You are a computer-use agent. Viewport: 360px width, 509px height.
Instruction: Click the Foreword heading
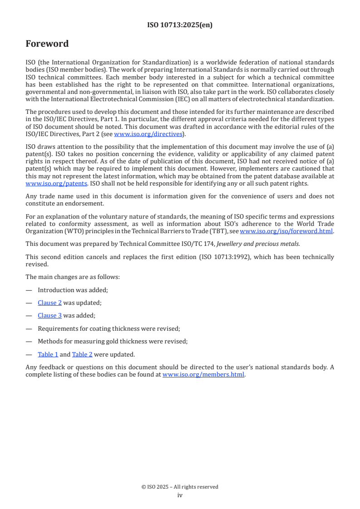click(x=47, y=44)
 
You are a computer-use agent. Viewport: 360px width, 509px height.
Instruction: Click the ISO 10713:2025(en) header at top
click(x=180, y=25)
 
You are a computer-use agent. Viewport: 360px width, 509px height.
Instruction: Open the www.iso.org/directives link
click(x=148, y=134)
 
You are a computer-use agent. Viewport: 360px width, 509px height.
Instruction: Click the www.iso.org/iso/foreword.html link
click(x=286, y=231)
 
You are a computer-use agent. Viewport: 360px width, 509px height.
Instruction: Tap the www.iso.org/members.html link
click(x=203, y=375)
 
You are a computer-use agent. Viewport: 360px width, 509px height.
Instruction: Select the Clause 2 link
click(x=49, y=303)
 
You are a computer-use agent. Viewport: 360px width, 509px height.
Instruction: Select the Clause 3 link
click(x=49, y=316)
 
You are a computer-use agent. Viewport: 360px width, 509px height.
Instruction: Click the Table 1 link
click(x=48, y=355)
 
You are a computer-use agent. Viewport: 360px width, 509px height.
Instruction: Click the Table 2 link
click(x=82, y=355)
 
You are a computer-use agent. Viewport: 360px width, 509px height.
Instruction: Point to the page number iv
click(x=180, y=495)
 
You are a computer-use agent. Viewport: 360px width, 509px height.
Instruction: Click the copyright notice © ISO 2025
click(x=180, y=487)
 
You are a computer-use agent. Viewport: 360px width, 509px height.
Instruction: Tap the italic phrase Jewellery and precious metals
click(x=258, y=244)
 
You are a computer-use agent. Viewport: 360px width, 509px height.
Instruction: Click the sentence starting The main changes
click(x=72, y=277)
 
